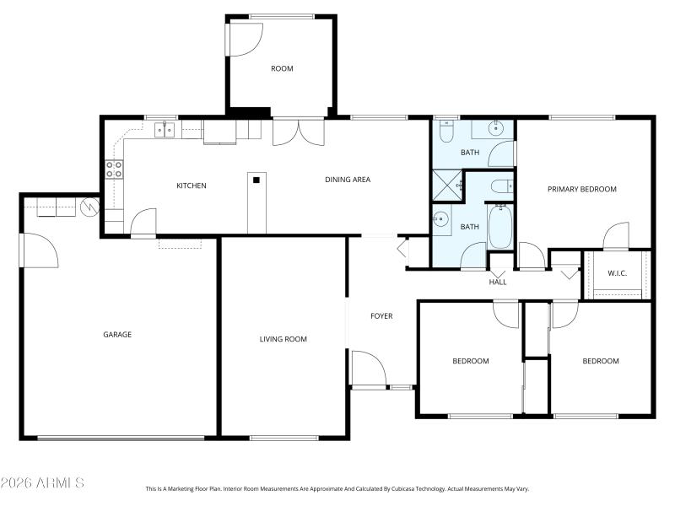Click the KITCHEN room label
click(x=191, y=186)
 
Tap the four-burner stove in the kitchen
click(x=114, y=168)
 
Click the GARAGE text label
click(x=117, y=335)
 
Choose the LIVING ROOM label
click(x=283, y=339)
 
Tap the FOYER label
click(x=381, y=316)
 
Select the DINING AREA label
click(x=348, y=180)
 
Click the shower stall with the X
click(x=447, y=183)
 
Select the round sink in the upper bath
click(x=498, y=129)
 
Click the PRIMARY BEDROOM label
click(x=581, y=189)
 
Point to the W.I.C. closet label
click(x=617, y=273)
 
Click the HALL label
click(x=498, y=282)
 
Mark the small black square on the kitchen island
click(x=256, y=178)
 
